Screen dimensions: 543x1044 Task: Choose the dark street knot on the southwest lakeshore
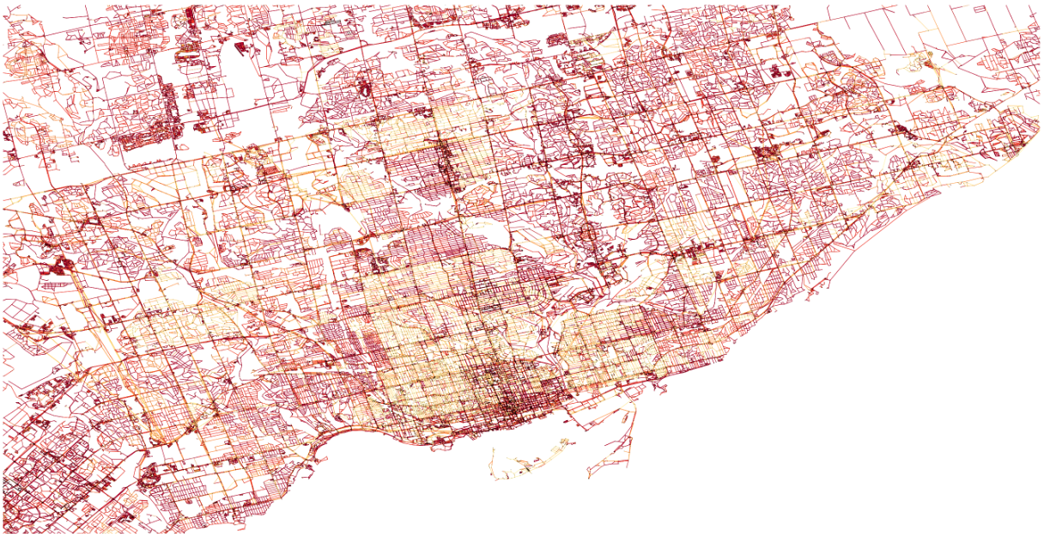coord(150,473)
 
